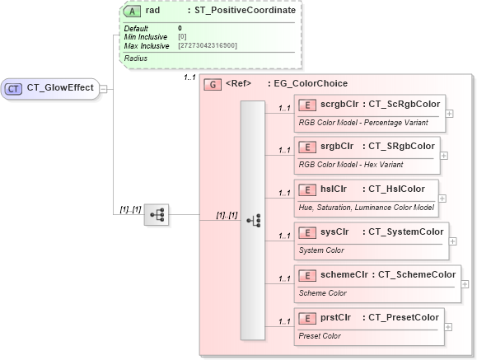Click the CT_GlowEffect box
point(51,89)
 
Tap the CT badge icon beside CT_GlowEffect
point(14,89)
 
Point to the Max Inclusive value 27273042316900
point(208,45)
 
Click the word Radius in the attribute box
point(135,58)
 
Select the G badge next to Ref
point(211,83)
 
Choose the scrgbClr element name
point(337,104)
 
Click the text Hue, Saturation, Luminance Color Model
point(366,207)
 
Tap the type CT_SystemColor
point(405,231)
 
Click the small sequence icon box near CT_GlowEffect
point(156,216)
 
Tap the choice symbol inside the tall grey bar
point(253,220)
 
